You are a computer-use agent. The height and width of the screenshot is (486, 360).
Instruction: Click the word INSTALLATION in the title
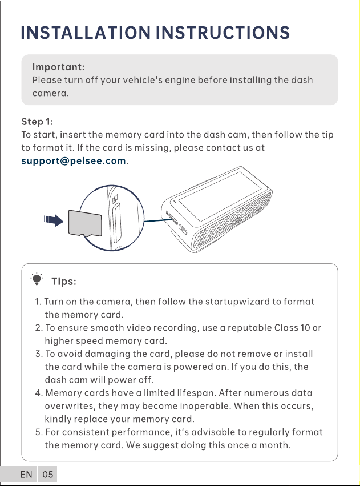pos(86,33)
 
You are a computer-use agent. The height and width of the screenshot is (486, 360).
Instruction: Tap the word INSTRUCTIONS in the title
pos(223,33)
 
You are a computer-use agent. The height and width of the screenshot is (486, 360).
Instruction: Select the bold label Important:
pos(58,67)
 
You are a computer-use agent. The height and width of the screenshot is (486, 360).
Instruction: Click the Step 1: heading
pos(37,122)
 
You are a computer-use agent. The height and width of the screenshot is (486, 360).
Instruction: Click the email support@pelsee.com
pos(74,161)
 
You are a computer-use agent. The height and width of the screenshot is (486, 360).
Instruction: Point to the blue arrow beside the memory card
pos(54,220)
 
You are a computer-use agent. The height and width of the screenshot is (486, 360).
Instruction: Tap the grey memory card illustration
pos(85,223)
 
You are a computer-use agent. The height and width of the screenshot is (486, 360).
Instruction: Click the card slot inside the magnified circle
pos(117,223)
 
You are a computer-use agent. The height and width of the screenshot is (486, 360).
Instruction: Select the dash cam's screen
pos(220,196)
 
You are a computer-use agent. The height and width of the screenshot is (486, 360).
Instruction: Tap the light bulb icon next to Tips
pos(37,279)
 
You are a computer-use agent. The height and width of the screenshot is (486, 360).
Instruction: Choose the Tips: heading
pos(64,282)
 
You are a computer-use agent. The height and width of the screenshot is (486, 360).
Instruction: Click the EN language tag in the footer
pos(26,475)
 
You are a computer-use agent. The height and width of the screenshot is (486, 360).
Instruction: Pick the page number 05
pos(48,475)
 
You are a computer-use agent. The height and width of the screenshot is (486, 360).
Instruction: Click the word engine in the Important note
pos(180,81)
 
